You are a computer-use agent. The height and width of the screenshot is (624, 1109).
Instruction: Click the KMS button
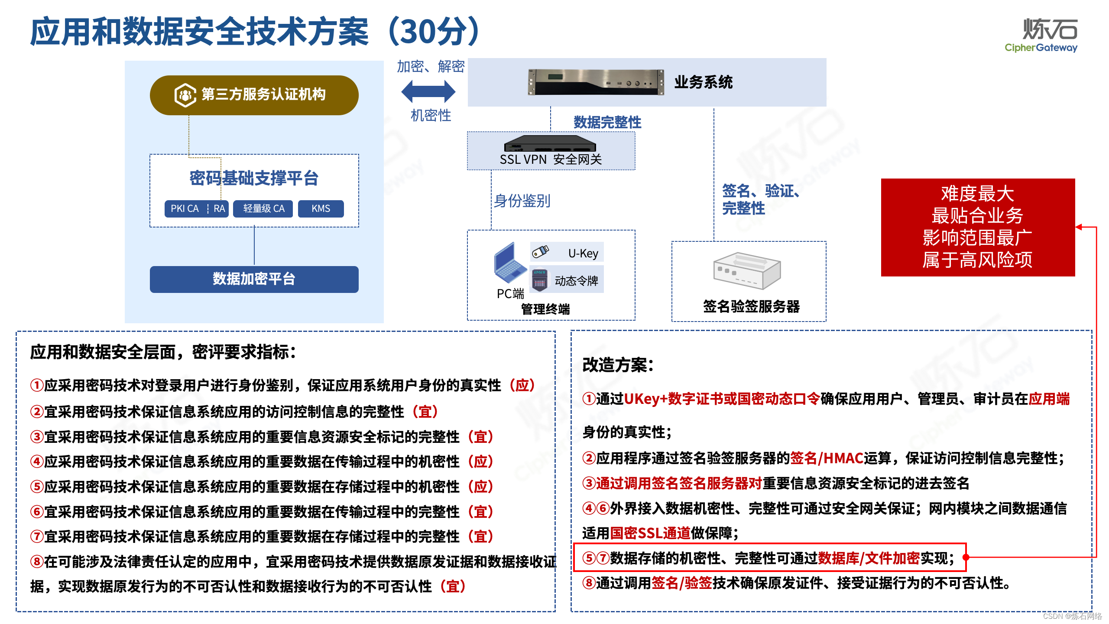[x=321, y=208]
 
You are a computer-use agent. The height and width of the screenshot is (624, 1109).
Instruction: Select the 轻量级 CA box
[x=263, y=208]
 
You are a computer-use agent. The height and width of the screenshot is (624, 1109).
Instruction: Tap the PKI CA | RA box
[x=197, y=208]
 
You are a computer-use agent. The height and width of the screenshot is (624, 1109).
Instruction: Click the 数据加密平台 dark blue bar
[x=254, y=279]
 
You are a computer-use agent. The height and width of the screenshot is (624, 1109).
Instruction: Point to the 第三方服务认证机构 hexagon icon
[x=185, y=95]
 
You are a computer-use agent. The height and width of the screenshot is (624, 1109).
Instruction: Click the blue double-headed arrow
[x=428, y=91]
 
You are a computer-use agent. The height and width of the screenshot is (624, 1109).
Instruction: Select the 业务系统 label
[x=703, y=82]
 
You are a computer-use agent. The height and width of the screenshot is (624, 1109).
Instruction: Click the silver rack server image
[x=596, y=81]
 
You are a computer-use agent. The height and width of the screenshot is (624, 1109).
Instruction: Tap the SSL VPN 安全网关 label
[x=551, y=159]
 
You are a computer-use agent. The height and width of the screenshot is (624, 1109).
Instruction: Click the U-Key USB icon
[x=540, y=251]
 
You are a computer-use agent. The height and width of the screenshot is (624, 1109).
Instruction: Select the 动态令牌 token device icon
[x=539, y=279]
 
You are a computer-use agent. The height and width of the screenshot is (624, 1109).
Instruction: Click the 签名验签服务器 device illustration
[x=747, y=271]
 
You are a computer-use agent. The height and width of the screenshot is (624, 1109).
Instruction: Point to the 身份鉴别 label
[x=522, y=201]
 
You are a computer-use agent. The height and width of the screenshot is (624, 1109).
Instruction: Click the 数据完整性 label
[x=607, y=122]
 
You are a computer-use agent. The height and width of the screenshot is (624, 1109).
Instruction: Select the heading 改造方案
[x=617, y=365]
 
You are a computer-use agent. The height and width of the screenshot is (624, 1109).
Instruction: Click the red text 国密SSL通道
[x=650, y=533]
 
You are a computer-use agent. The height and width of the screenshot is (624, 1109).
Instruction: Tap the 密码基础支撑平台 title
[x=254, y=178]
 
